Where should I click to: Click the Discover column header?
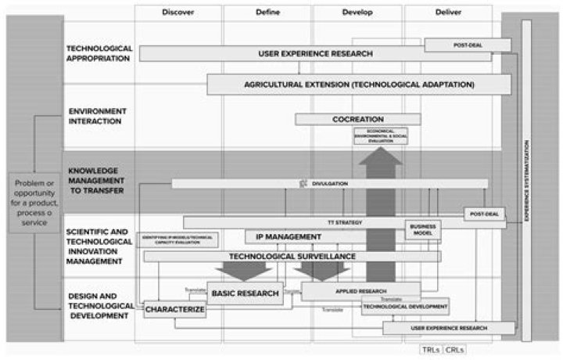point(178,13)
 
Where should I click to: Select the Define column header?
point(267,13)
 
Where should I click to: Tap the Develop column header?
point(357,13)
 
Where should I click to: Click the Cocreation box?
point(357,119)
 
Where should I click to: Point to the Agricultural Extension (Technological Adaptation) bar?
point(358,84)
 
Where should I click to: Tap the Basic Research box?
point(244,293)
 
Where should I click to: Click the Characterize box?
point(174,310)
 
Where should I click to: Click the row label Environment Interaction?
point(95,116)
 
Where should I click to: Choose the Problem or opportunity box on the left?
point(35,202)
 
